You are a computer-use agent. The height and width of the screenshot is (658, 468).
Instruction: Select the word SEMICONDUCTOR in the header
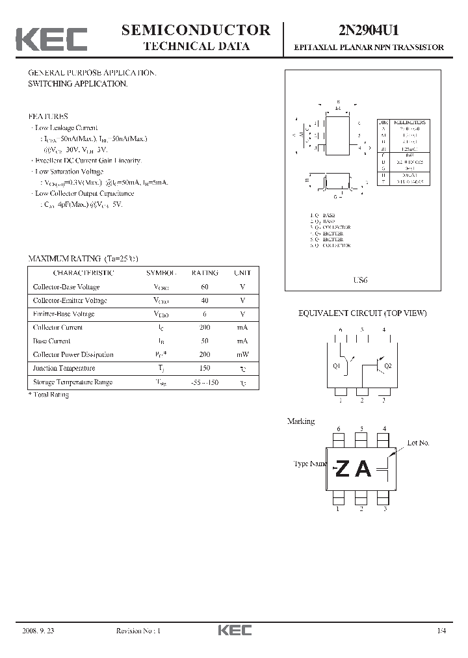(196, 30)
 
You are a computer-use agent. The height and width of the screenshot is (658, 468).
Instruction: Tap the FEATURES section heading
(47, 116)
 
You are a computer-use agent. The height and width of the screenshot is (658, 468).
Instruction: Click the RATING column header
(205, 273)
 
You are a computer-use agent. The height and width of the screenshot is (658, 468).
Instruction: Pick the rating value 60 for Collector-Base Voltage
(205, 287)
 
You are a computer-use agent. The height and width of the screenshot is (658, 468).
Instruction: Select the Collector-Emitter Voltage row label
(70, 300)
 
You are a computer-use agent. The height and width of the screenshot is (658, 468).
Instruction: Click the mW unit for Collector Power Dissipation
(242, 355)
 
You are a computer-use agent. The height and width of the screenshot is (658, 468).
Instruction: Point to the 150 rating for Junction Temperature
(205, 369)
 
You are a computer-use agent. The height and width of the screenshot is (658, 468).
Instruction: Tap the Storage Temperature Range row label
(72, 382)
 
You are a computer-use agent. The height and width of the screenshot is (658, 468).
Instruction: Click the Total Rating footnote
(49, 395)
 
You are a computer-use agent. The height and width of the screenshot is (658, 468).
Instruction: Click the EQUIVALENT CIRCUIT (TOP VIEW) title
(362, 313)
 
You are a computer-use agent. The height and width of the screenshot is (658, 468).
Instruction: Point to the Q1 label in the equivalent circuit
(336, 366)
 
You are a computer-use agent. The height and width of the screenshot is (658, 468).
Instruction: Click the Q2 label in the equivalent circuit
(388, 366)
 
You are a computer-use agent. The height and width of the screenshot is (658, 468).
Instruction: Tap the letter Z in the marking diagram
(343, 469)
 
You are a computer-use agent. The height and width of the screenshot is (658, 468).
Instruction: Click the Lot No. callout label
(418, 443)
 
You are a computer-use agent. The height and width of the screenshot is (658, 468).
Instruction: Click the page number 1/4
(442, 631)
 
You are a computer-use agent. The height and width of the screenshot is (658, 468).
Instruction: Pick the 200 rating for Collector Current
(205, 328)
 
